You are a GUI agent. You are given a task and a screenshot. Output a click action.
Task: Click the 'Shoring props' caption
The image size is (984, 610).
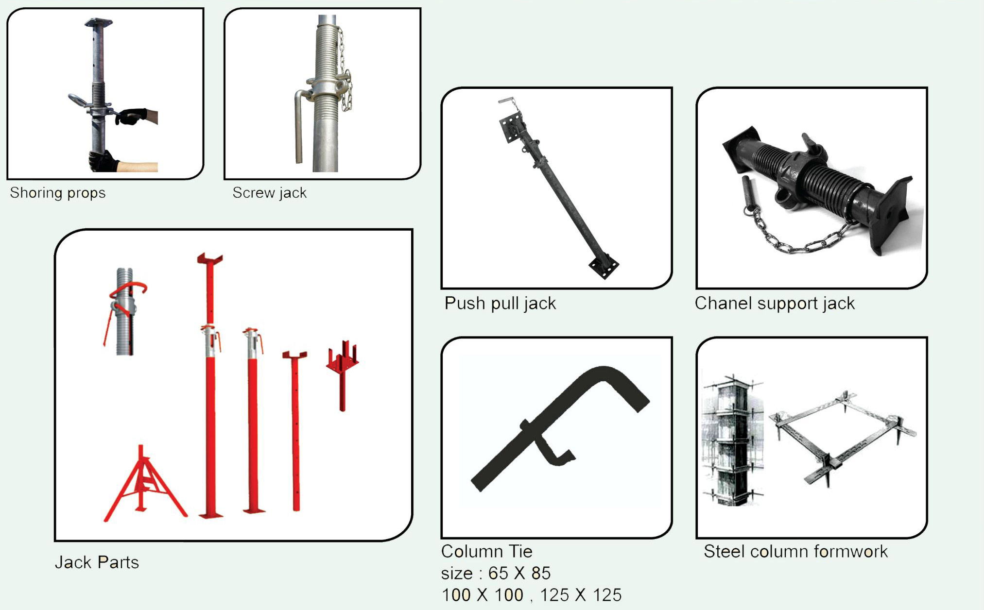click(58, 193)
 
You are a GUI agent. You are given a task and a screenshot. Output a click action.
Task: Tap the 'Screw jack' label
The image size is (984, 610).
click(270, 193)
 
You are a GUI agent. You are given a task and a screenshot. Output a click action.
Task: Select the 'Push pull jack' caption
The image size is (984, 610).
click(500, 304)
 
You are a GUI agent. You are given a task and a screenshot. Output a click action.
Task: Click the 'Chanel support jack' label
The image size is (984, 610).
click(775, 304)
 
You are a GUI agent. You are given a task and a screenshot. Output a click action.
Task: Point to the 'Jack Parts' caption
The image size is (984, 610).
click(97, 562)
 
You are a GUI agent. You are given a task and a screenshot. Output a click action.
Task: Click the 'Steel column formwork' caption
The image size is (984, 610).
click(795, 552)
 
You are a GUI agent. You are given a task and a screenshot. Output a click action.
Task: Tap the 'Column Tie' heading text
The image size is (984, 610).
click(487, 551)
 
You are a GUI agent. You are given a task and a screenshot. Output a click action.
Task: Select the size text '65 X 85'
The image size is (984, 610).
click(519, 574)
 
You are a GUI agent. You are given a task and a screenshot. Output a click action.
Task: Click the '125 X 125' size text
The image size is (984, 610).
click(581, 595)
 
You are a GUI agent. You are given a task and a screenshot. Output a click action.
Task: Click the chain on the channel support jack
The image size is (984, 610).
click(797, 233)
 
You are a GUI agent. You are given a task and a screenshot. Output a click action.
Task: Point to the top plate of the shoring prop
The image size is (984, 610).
click(98, 22)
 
